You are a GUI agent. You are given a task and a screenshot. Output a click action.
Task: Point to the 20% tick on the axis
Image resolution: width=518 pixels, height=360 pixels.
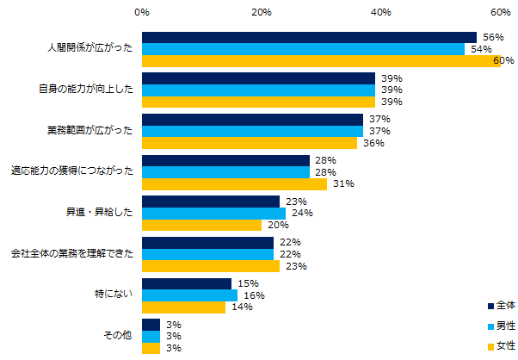[x=262, y=13]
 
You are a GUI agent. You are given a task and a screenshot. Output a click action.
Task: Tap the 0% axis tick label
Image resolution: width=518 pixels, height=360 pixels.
[x=142, y=13]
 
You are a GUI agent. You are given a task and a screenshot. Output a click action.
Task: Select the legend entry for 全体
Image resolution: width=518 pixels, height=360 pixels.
[x=499, y=305]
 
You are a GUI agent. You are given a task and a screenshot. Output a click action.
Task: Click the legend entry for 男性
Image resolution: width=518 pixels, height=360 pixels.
[x=499, y=326]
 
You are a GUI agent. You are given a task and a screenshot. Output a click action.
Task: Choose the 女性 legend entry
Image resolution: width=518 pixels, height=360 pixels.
[x=499, y=347]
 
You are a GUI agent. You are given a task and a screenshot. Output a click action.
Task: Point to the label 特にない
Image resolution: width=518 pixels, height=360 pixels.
[x=114, y=295]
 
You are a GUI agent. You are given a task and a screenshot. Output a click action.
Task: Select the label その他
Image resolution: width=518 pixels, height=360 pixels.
[x=117, y=336]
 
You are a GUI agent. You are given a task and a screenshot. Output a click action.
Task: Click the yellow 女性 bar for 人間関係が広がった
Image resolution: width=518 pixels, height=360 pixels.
[x=320, y=61]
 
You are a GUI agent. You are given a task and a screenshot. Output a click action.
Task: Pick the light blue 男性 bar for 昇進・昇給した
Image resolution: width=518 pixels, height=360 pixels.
[x=213, y=214]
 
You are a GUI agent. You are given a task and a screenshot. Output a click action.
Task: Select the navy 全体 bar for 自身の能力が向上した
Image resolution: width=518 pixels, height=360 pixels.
[x=258, y=78]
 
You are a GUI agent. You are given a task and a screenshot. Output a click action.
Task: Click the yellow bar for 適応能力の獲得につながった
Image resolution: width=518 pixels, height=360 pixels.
[x=234, y=184]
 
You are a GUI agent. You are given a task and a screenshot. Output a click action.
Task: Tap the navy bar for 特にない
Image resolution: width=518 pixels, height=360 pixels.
[x=187, y=283]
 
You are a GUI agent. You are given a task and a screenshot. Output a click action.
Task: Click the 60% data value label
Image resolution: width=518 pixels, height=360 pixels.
[x=503, y=61]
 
